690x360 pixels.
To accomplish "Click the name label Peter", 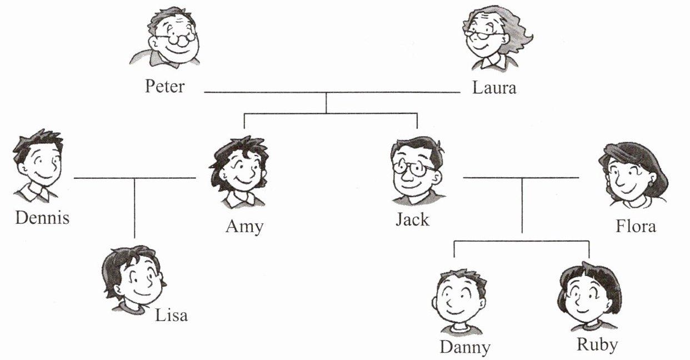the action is (x=164, y=87).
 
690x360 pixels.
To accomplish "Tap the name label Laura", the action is (x=494, y=87).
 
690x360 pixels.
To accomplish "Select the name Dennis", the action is (x=42, y=217).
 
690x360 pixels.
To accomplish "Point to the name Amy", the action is (x=244, y=227).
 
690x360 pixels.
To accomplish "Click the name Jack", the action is (x=412, y=219).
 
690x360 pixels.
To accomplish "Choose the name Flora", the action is (x=636, y=226).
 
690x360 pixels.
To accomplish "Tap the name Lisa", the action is (x=171, y=315).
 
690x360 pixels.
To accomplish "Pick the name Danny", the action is (x=465, y=347).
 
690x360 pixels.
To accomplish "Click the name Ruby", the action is (x=597, y=344).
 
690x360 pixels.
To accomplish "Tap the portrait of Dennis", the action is (x=38, y=164).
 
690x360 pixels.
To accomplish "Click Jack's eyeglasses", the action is (x=414, y=166).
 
